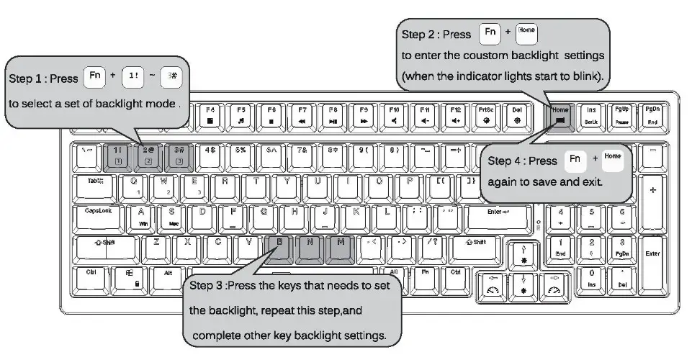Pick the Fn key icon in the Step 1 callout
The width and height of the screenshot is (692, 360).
(x=94, y=75)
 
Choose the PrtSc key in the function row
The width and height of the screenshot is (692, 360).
(x=487, y=115)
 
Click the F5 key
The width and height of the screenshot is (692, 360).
(x=241, y=115)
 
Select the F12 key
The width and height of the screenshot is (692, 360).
(x=456, y=115)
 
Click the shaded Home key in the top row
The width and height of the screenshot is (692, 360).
(x=561, y=115)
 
